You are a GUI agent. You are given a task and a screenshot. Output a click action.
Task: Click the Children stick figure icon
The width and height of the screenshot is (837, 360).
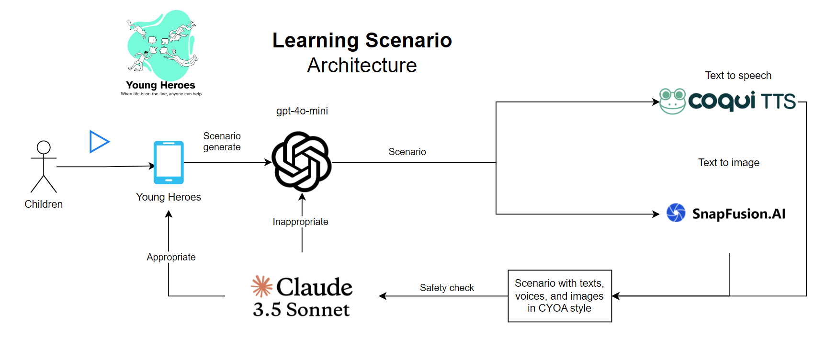[x=44, y=166]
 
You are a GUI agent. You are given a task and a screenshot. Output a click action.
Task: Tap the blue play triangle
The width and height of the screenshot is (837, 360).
[x=99, y=142]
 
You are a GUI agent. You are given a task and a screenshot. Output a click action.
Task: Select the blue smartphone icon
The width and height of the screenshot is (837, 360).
[x=169, y=162]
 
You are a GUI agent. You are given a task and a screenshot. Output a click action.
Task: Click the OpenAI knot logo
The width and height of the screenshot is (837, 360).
[x=302, y=161]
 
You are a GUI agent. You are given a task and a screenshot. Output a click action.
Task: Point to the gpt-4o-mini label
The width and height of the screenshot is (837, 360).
[x=302, y=111]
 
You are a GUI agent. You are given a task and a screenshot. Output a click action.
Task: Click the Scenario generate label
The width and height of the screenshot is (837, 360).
[x=222, y=142]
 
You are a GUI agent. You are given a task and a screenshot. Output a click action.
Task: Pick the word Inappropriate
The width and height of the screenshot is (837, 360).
[x=300, y=222]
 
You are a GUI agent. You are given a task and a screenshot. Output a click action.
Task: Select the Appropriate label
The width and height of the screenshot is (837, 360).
[x=171, y=257]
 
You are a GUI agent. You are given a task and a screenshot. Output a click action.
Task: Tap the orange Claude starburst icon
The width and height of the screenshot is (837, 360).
[x=261, y=286]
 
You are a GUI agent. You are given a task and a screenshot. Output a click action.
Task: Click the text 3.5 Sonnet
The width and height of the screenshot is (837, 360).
[x=301, y=310]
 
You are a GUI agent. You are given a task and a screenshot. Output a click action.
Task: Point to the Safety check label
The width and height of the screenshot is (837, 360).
[x=447, y=288]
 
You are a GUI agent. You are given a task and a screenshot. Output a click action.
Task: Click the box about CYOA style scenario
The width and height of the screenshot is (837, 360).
[x=559, y=296]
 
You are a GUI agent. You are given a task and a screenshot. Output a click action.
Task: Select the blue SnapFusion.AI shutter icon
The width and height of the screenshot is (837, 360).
[x=676, y=213]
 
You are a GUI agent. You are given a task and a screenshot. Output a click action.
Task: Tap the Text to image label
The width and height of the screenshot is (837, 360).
[x=728, y=163]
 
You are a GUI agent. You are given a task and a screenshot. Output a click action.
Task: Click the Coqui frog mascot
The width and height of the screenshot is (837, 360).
[x=672, y=101]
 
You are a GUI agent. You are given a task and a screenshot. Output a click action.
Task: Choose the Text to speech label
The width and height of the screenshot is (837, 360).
[x=738, y=76]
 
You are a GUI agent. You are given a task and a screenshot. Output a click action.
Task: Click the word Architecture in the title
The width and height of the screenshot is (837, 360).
[x=362, y=66]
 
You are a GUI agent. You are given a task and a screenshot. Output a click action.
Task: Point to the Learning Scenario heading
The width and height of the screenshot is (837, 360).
[x=362, y=41]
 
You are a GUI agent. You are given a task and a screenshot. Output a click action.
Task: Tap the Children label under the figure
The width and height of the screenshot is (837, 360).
[x=44, y=204]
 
